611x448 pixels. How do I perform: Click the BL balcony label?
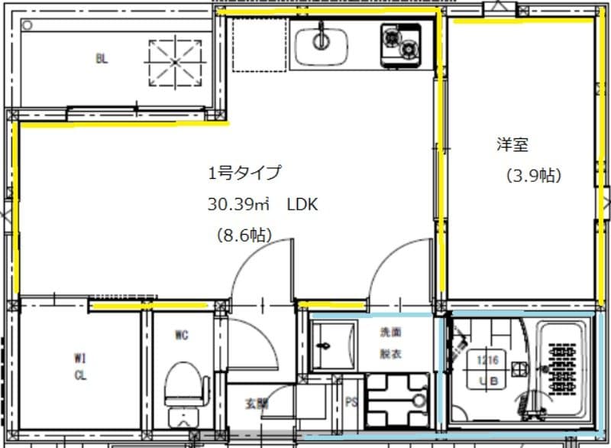click(102, 58)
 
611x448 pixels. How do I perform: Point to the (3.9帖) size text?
click(534, 176)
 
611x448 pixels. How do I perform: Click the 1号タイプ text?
click(244, 174)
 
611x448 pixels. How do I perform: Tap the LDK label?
click(302, 205)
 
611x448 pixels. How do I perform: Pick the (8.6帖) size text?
click(244, 235)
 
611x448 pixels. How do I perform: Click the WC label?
click(181, 334)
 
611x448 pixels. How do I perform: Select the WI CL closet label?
click(80, 365)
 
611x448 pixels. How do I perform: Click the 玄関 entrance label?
click(257, 404)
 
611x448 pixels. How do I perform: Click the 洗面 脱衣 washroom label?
click(391, 343)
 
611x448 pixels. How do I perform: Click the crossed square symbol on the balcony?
click(173, 60)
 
